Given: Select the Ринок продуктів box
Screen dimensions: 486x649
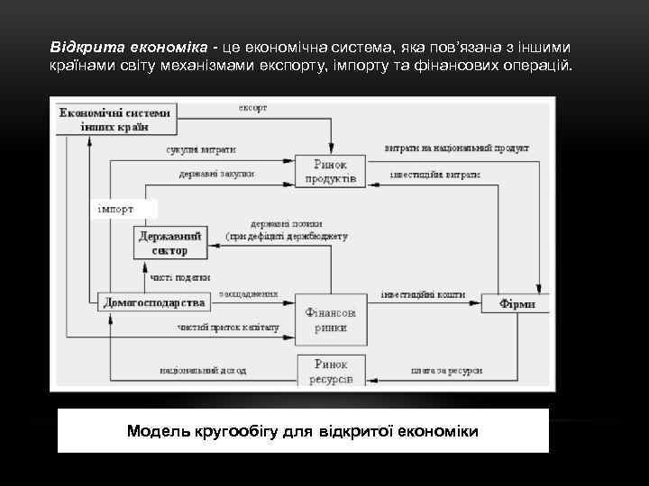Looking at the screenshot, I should coord(334,171).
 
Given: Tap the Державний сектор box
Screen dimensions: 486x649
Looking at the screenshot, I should coord(170,242).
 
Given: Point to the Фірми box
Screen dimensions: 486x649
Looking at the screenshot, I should coord(517,304).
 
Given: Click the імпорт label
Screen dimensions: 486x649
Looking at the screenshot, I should coord(115,209).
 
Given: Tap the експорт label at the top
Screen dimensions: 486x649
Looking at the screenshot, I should coord(252,108).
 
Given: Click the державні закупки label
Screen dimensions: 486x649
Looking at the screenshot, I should coord(216,174).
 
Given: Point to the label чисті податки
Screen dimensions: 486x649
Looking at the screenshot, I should coord(180,277).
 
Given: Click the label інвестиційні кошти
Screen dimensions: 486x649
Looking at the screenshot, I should coord(422,293).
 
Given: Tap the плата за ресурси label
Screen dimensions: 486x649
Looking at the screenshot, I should coord(446,370).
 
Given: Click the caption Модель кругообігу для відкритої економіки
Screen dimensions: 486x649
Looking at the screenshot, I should coord(303,431).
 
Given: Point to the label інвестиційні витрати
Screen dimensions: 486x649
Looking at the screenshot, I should coord(434,174).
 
